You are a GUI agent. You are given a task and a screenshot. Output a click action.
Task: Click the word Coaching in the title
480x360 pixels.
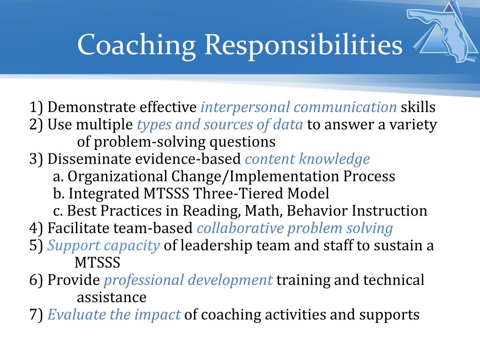(136, 46)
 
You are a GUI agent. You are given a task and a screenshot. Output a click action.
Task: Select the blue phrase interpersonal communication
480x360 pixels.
(299, 107)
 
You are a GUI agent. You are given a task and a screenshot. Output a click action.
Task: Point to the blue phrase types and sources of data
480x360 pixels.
(220, 125)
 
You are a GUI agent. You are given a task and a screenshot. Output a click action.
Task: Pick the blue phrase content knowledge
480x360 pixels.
(307, 159)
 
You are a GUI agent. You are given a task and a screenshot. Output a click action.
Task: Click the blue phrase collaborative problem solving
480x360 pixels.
(294, 228)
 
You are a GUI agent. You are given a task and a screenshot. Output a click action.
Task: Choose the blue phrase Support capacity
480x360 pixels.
(104, 246)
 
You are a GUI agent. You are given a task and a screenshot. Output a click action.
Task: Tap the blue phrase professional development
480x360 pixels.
(188, 280)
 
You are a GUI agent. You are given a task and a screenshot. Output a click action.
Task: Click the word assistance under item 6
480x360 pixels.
(112, 297)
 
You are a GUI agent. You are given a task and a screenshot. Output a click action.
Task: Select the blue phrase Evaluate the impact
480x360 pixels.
(114, 315)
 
